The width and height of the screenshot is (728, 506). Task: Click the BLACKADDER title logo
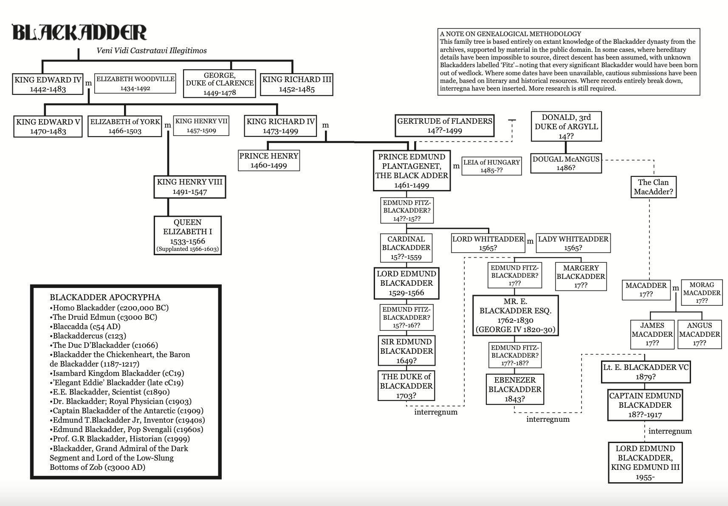pos(79,33)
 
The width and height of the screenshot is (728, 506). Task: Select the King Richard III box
pos(296,84)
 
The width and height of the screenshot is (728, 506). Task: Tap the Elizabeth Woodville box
pos(135,83)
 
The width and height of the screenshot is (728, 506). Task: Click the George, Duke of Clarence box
pos(220,84)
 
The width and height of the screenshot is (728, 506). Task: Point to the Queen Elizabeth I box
pos(187,235)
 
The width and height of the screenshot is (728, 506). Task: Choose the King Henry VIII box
pos(189,187)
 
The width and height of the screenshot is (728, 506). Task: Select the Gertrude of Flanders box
pos(444,125)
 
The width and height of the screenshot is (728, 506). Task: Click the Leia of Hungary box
pos(491,166)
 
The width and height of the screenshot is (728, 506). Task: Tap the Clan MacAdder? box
pos(653,187)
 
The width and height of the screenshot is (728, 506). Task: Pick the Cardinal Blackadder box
pos(406,248)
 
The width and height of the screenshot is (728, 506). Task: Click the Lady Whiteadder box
pos(573,243)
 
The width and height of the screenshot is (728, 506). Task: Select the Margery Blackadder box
pos(581,276)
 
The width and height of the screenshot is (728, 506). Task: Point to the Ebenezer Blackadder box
pos(515,389)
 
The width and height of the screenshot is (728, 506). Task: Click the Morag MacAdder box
pos(702,293)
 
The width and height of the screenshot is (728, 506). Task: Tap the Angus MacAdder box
pos(700,334)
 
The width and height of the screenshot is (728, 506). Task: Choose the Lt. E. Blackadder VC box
pos(646,372)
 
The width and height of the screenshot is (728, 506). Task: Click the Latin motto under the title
pos(152,51)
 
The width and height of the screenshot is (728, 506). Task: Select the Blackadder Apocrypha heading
pos(105,297)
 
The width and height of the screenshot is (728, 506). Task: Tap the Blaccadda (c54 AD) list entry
pos(86,327)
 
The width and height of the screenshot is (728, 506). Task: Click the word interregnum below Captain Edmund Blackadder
pos(670,431)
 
